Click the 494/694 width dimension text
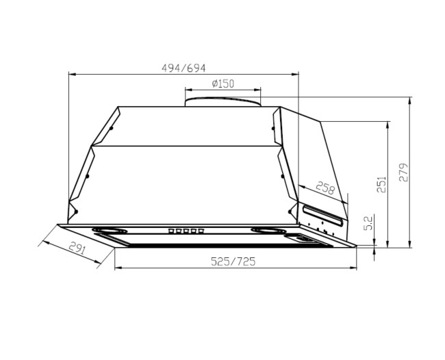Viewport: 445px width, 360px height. coord(183,68)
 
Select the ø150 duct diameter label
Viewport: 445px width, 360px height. coord(223,83)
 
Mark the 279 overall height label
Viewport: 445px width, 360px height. coord(404,172)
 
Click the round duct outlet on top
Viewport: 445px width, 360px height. coord(223,101)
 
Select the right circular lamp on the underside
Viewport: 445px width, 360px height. coord(268,230)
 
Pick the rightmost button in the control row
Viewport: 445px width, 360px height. coord(202,231)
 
